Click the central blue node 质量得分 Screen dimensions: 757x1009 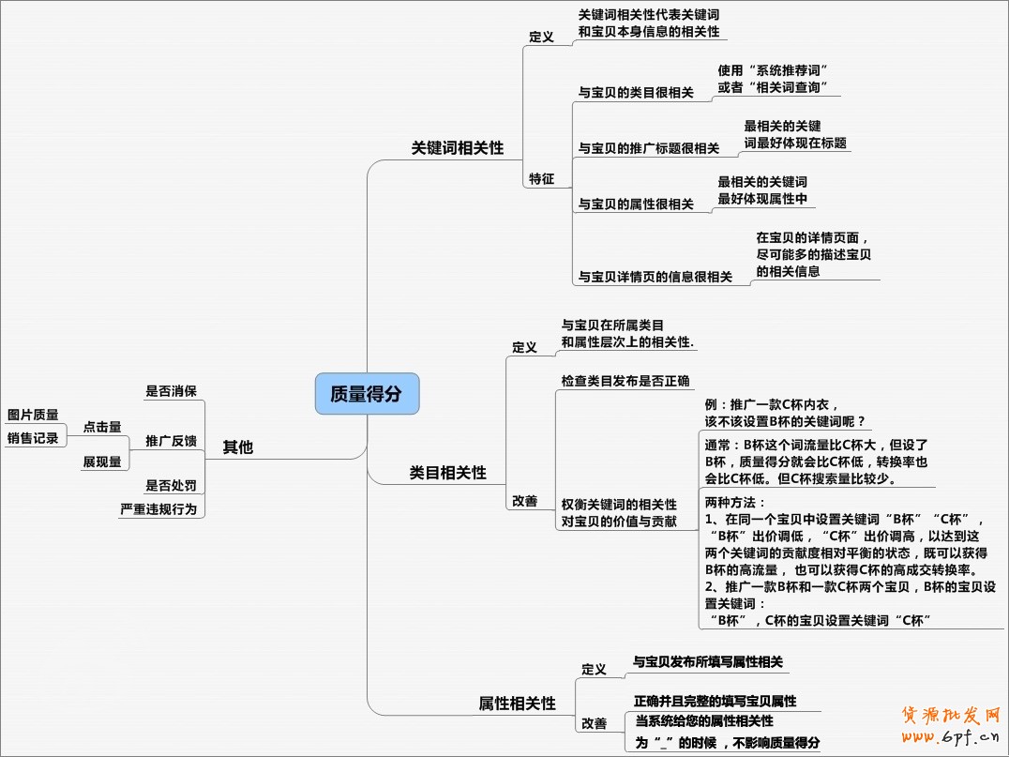point(367,394)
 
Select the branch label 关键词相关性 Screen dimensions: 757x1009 point(458,148)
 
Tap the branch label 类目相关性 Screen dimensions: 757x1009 point(448,473)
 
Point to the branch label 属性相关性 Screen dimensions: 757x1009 point(517,703)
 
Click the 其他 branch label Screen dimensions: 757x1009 point(237,447)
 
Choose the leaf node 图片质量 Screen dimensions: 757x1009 point(33,415)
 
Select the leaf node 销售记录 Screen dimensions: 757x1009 point(33,438)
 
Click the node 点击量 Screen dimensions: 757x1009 point(102,426)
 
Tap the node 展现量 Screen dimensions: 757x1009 point(102,462)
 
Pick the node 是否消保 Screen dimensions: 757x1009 point(171,391)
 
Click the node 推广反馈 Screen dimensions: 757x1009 point(171,441)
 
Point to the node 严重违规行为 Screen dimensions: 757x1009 point(158,509)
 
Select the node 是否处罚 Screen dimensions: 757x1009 point(171,485)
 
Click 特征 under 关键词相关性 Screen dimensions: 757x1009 point(541,178)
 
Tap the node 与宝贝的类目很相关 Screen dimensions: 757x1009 point(636,93)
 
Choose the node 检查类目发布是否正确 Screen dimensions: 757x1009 point(625,381)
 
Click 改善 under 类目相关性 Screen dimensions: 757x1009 point(524,501)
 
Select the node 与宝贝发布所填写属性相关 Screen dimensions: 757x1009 point(708,662)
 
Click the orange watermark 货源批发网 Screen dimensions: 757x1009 point(951,716)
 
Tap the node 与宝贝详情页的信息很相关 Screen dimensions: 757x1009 point(655,277)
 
